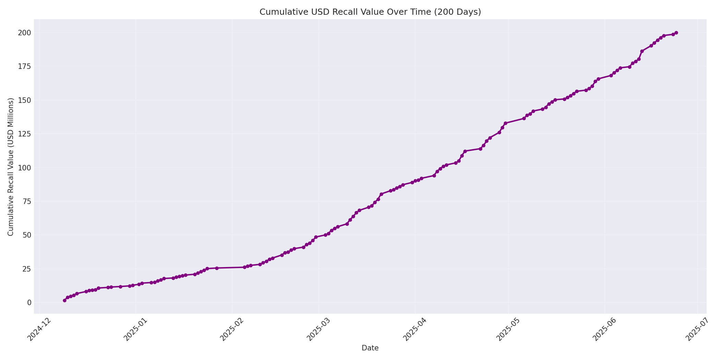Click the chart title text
coord(370,12)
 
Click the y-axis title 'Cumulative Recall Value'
coord(11,167)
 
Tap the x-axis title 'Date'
coord(370,348)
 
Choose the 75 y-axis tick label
coord(27,201)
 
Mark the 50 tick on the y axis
coord(27,235)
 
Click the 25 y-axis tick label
coord(27,269)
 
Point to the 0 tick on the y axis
coord(29,302)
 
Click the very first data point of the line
coord(64,300)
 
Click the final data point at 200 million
coord(676,33)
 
